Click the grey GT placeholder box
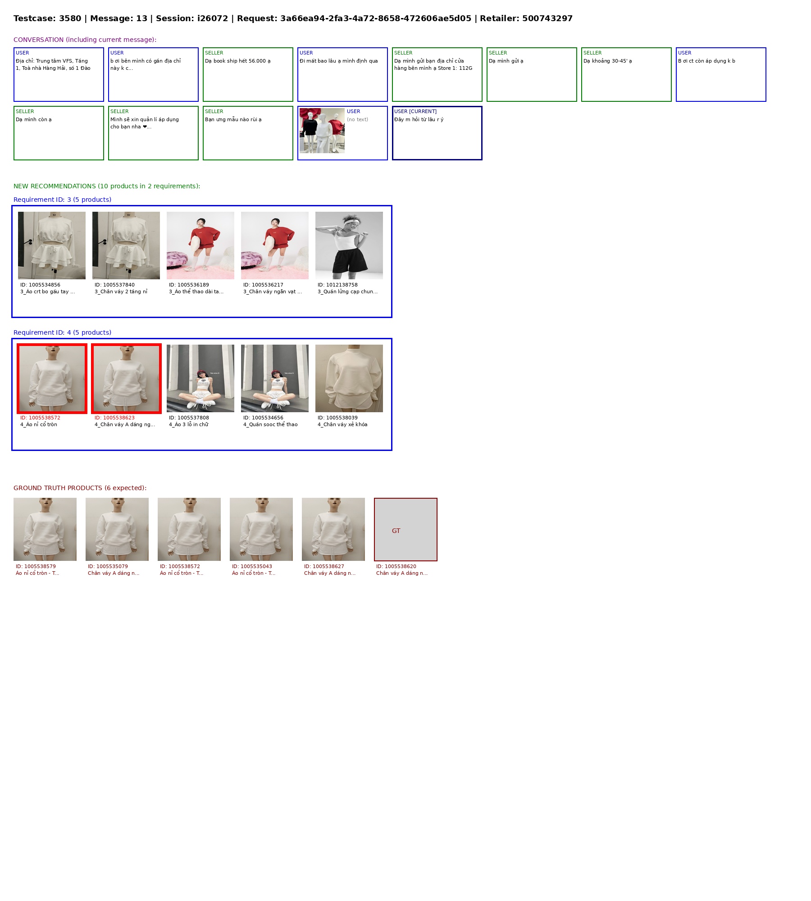405,529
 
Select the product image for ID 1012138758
349,246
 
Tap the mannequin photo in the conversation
322,131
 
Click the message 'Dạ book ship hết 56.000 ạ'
238,61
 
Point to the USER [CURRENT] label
415,111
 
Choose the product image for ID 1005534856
52,246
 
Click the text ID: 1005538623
114,418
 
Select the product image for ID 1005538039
349,378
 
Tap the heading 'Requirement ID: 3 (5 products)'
62,200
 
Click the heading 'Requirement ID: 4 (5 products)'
62,332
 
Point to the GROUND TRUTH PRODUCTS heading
80,488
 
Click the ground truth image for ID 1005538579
45,529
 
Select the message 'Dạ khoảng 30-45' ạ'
608,61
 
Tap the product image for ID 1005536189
200,246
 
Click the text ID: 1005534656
263,418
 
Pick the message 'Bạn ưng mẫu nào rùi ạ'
233,119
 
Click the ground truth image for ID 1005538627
333,529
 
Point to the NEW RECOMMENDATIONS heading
107,186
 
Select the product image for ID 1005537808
200,378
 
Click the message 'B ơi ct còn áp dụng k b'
706,61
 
